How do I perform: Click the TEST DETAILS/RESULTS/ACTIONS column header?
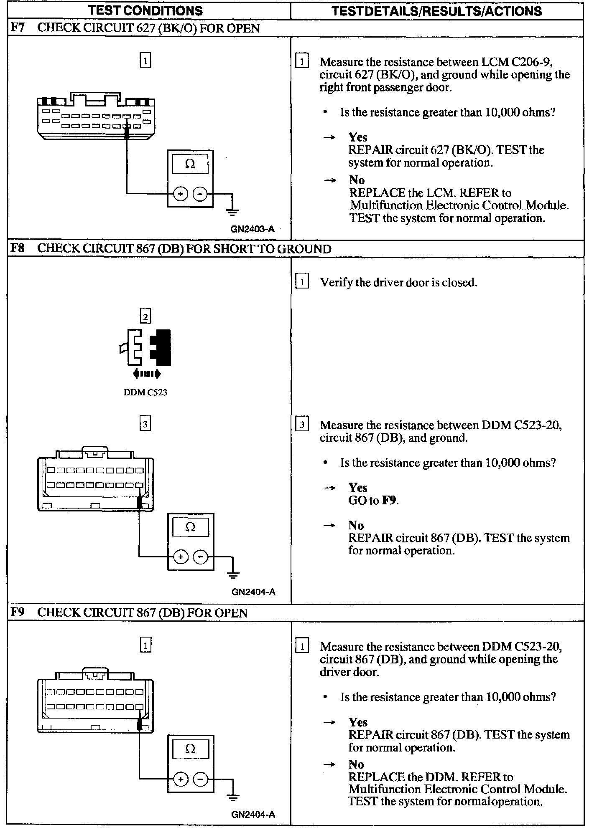(436, 11)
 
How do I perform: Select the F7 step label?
(18, 28)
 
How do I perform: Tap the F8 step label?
(18, 248)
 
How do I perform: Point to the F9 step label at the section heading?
(18, 612)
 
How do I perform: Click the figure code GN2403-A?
(253, 229)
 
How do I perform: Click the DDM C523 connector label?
(145, 392)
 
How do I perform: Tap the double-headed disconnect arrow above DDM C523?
(146, 374)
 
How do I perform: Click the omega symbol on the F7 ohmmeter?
(190, 164)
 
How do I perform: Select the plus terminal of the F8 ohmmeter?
(181, 557)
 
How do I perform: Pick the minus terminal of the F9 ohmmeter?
(201, 779)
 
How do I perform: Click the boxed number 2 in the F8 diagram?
(145, 316)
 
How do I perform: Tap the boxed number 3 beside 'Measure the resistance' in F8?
(302, 425)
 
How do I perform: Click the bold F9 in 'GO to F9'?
(389, 500)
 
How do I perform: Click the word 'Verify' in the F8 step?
(336, 283)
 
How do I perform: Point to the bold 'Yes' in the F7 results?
(358, 137)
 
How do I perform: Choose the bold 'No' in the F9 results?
(356, 764)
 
